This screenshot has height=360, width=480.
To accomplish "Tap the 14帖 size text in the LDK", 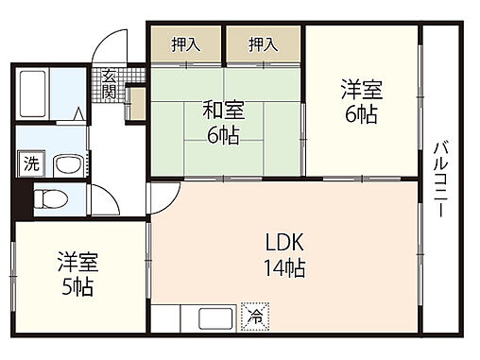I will point(284,267).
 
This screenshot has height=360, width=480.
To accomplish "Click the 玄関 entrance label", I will point(110,84).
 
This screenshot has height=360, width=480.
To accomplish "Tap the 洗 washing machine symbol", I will point(31,163).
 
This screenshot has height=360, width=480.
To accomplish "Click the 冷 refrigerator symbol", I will point(254,317).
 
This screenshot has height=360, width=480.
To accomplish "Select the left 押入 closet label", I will point(185,43).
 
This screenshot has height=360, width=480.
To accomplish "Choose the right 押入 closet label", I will point(263,43).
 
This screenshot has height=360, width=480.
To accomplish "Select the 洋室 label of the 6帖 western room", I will point(362,91).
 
